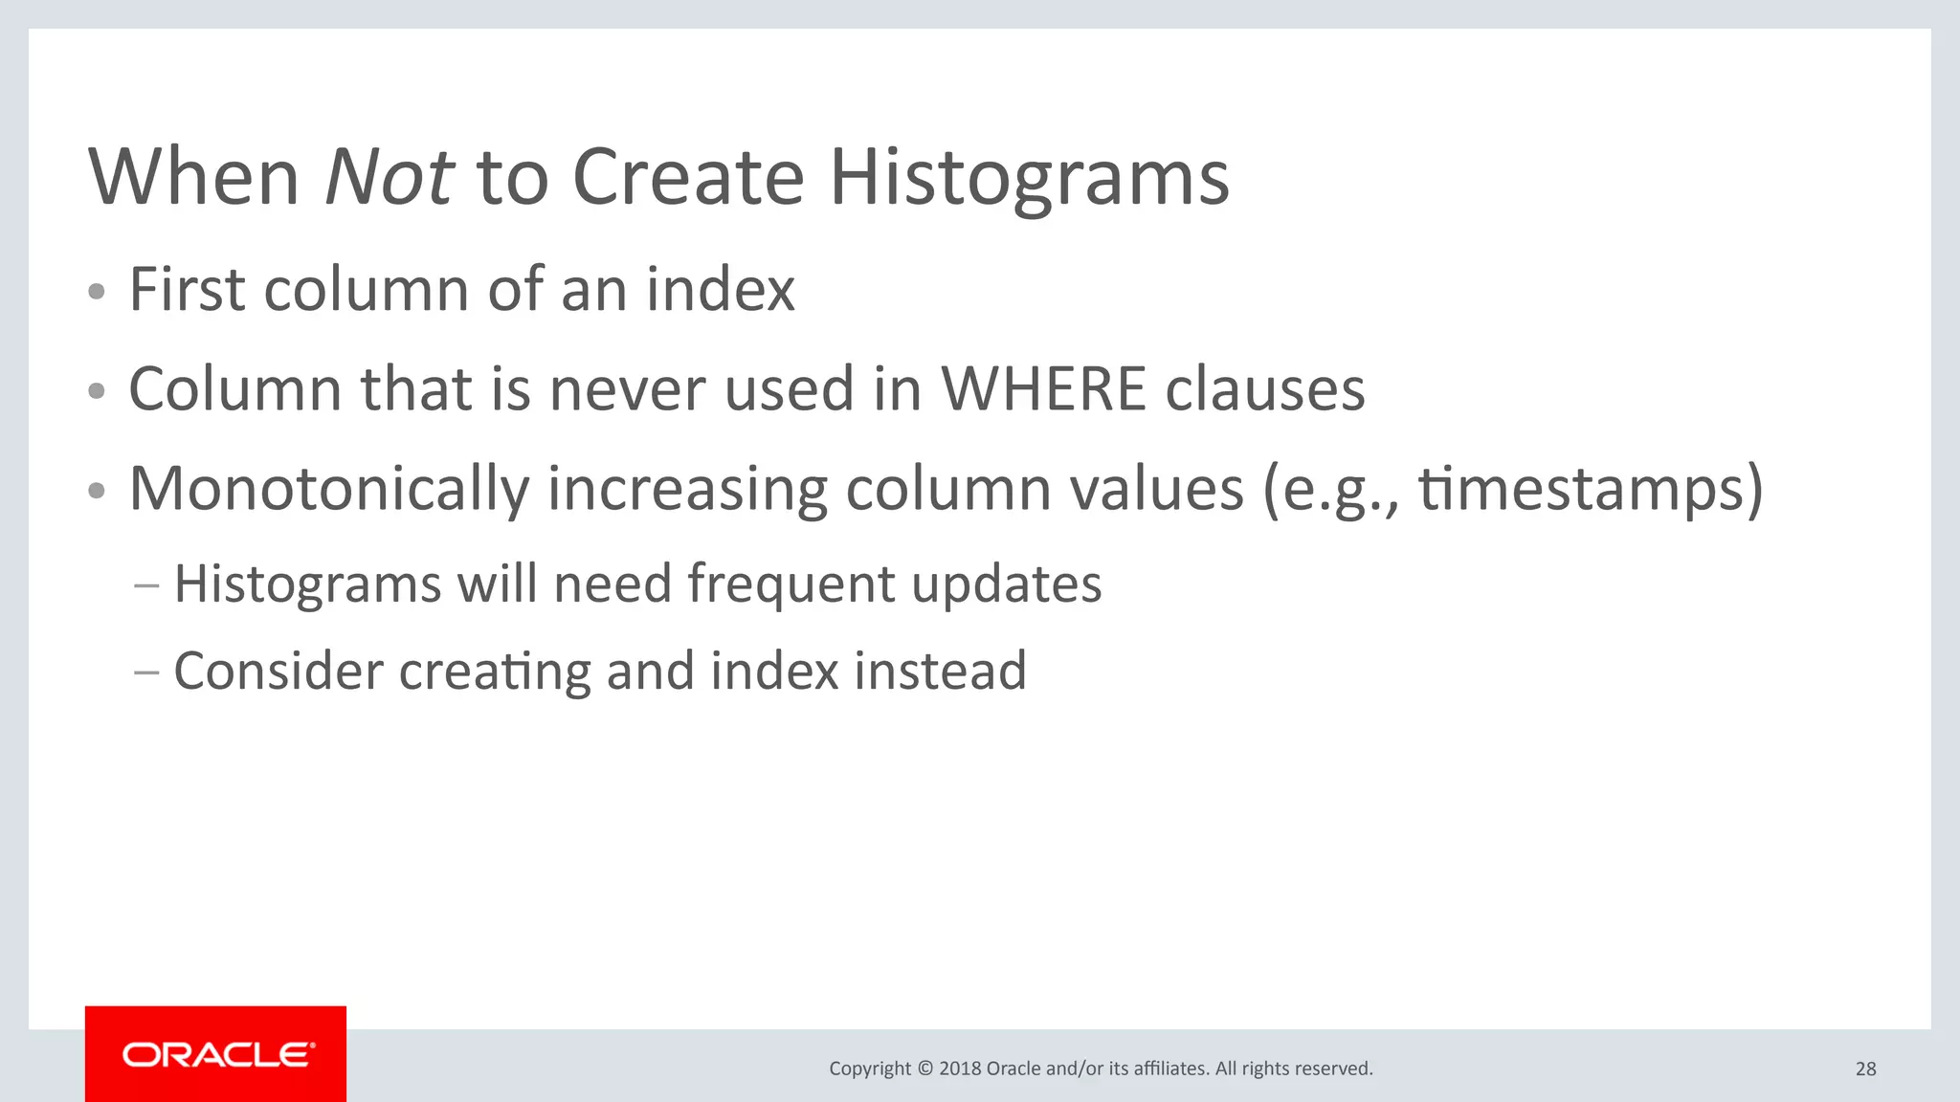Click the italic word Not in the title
(388, 178)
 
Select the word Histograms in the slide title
(1029, 178)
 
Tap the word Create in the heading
(688, 178)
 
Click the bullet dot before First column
(96, 292)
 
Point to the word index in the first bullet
(720, 289)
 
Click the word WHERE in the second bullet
(1043, 389)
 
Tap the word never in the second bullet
(627, 389)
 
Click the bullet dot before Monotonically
(96, 492)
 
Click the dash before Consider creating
(146, 672)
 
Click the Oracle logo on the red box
(216, 1055)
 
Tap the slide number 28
(1865, 1069)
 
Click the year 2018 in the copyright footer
(960, 1069)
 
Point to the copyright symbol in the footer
(924, 1069)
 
